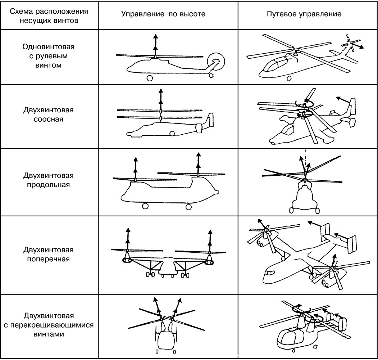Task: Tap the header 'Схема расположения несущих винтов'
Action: click(x=49, y=14)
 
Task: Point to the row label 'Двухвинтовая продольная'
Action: click(x=49, y=180)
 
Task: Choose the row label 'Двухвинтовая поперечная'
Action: click(x=49, y=254)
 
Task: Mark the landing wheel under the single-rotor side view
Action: click(x=149, y=78)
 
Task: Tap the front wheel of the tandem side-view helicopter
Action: click(x=145, y=206)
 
